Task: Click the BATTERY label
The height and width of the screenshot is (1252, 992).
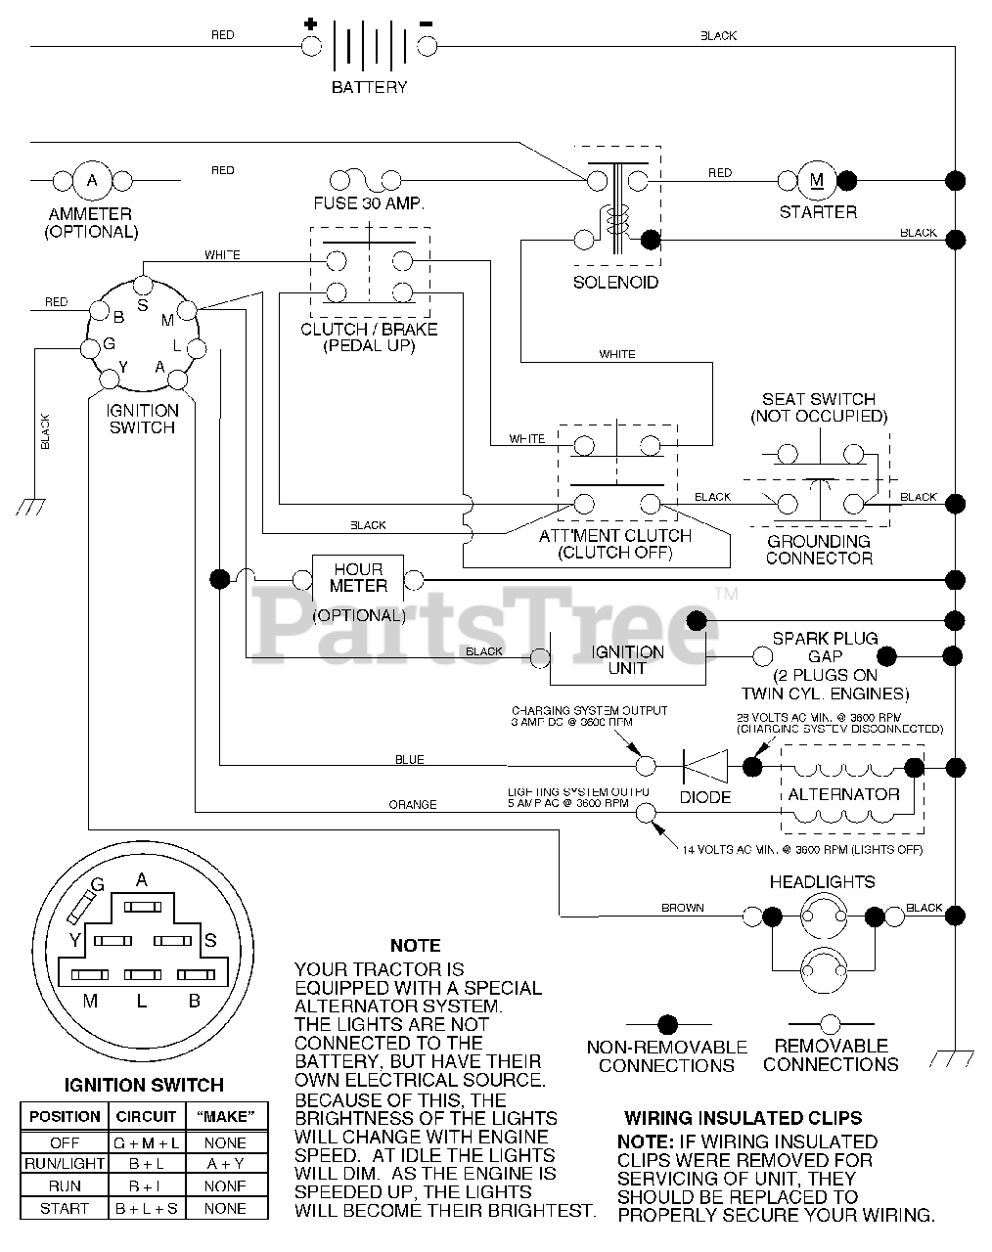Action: tap(369, 87)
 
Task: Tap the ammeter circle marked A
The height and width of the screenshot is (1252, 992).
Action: tap(93, 180)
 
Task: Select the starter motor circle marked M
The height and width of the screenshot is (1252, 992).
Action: tap(817, 180)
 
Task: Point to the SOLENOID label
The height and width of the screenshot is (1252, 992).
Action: tap(615, 282)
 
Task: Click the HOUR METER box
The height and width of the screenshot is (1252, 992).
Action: tap(358, 578)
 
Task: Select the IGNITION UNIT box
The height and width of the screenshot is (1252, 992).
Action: tap(627, 659)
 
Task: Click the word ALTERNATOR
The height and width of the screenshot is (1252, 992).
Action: tap(843, 794)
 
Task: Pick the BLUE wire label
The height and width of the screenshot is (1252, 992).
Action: tap(409, 760)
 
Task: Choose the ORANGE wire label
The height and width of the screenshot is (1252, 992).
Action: tap(413, 805)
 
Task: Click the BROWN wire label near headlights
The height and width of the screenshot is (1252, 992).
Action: tap(682, 908)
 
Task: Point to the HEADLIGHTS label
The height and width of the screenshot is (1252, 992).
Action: tap(822, 881)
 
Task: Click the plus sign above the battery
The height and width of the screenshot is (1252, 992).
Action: tap(311, 22)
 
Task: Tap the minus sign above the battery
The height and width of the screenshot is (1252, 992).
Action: tap(426, 22)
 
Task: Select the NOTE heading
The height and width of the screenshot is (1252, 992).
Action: tap(416, 946)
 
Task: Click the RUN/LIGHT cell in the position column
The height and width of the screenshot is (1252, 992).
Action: tap(65, 1164)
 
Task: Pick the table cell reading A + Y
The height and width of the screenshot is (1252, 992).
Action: tap(225, 1164)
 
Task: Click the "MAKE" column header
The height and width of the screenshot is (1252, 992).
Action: tap(225, 1116)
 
